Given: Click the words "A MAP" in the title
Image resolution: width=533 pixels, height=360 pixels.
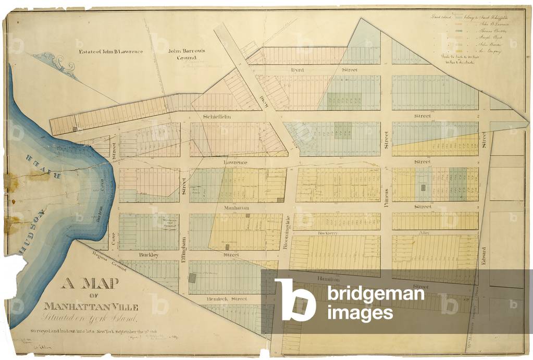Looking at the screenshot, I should point(91,285).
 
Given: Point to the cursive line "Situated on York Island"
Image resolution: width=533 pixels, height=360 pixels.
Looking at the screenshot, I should point(92,318).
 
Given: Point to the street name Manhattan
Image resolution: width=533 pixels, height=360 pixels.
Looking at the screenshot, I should point(237,207).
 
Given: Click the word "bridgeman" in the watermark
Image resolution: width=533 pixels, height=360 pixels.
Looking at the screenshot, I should point(375,295).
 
